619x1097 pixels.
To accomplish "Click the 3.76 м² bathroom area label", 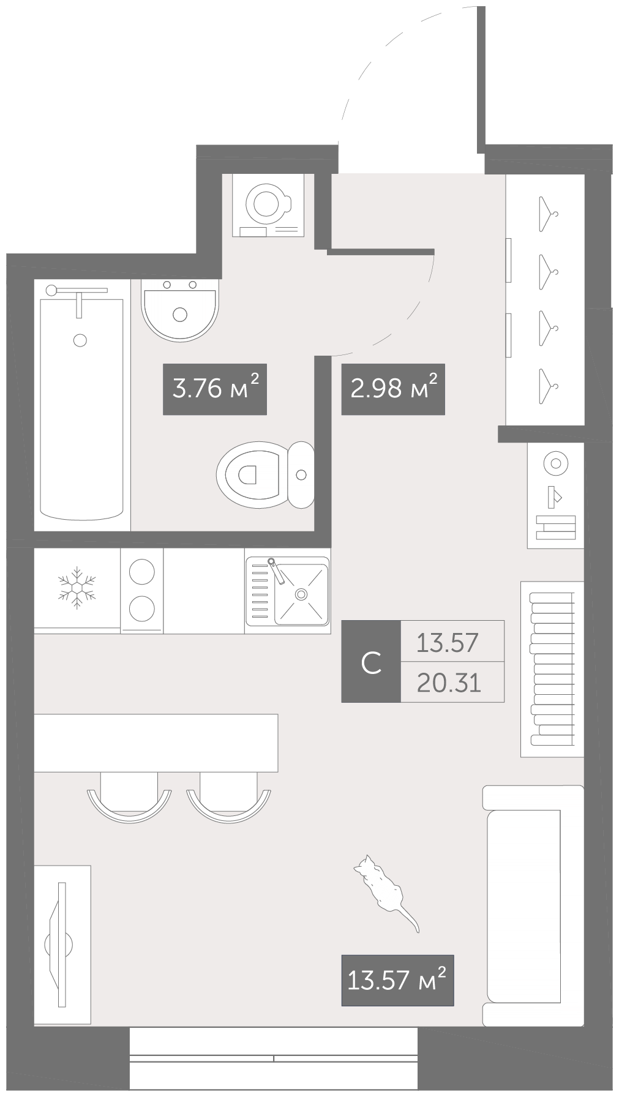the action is click(214, 389).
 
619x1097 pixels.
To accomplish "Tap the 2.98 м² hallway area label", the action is click(393, 389).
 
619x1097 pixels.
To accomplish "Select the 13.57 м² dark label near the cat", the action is click(397, 981).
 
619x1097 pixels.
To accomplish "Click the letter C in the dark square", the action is click(371, 662).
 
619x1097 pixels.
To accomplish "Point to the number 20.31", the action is click(449, 682).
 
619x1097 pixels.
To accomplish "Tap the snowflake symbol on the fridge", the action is click(77, 588).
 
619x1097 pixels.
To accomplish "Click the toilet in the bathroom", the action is click(265, 474).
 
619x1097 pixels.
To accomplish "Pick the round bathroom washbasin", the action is click(180, 310).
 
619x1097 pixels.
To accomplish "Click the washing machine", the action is click(268, 205).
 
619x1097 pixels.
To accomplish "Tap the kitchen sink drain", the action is click(301, 594).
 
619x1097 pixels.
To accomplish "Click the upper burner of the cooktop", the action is click(142, 572).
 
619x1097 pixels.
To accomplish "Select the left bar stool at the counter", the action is click(129, 794).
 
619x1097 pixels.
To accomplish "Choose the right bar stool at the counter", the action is click(228, 794).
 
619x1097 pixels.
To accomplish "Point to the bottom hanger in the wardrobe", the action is click(547, 386).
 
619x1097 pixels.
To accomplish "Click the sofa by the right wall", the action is click(533, 906).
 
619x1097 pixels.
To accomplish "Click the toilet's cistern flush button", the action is click(301, 474).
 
